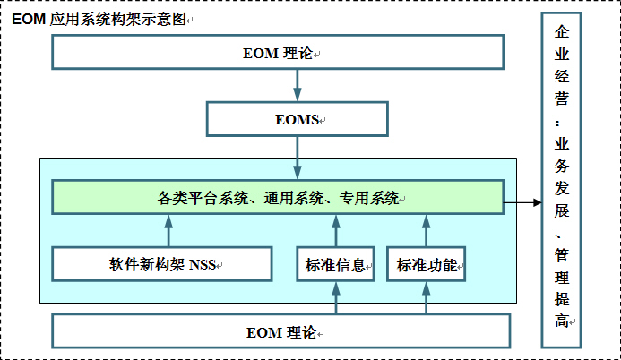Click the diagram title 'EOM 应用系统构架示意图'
coord(99,19)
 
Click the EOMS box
coord(298,118)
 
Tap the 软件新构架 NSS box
coord(162,264)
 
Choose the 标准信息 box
coord(335,264)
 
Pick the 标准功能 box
coord(427,264)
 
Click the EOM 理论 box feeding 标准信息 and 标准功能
coord(280,331)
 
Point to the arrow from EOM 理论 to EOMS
coord(298,85)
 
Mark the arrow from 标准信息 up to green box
coord(335,230)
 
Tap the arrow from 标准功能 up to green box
coord(427,230)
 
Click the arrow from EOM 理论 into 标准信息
coord(335,298)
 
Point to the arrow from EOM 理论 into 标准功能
coord(427,298)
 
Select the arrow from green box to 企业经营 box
coord(523,202)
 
